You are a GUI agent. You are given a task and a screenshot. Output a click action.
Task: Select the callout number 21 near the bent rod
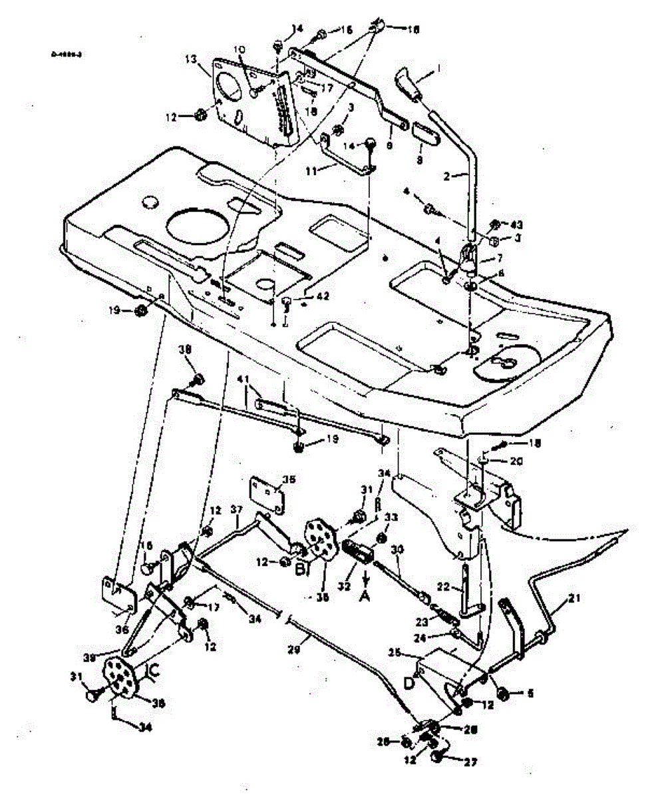(574, 600)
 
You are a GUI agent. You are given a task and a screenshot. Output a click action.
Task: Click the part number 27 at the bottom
(470, 762)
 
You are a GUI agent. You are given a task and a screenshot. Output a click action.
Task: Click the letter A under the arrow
(363, 598)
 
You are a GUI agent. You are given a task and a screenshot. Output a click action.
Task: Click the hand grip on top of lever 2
(410, 83)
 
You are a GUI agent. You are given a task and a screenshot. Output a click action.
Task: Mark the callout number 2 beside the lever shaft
(446, 175)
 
